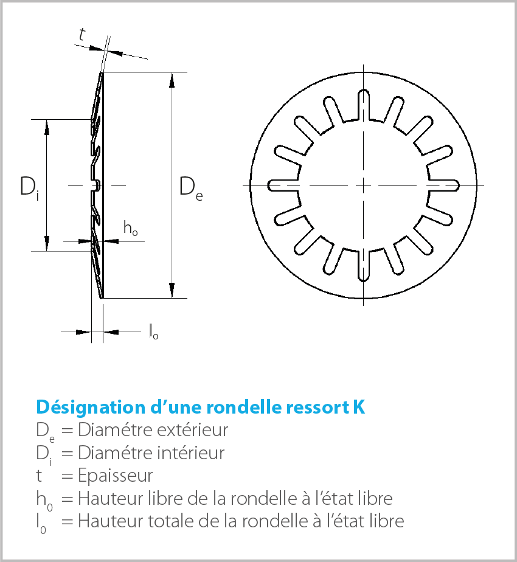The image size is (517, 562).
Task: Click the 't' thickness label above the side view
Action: [82, 35]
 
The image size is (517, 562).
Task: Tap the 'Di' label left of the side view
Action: [29, 187]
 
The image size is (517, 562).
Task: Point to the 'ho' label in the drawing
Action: [130, 228]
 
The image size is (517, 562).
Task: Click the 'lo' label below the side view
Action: [154, 331]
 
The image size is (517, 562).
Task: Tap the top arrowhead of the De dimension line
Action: [173, 78]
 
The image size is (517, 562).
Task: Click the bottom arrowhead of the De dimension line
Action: [173, 293]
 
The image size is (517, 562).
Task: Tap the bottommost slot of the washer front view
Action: [364, 266]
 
